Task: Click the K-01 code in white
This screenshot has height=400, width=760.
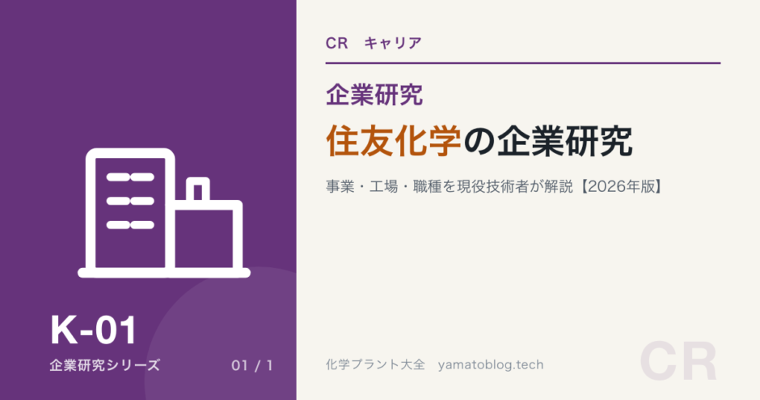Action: (x=94, y=330)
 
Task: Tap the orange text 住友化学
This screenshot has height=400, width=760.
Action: (x=394, y=141)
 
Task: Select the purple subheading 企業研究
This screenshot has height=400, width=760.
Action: (x=374, y=94)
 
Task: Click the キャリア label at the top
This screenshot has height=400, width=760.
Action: (x=393, y=43)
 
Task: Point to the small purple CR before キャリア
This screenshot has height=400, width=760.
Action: (x=337, y=43)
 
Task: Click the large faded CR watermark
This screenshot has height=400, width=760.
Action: (x=678, y=361)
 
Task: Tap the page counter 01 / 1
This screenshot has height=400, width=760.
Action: (x=252, y=365)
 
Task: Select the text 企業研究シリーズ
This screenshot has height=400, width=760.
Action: (x=104, y=365)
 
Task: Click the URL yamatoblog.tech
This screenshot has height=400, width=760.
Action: (x=491, y=365)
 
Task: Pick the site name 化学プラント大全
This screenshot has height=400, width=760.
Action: (x=376, y=364)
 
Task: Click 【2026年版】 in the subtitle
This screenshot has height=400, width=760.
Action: (x=622, y=186)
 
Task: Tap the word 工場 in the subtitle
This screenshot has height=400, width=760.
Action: (x=384, y=186)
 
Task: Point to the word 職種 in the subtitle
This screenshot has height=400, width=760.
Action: (x=428, y=186)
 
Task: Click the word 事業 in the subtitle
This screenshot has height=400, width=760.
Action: (x=340, y=186)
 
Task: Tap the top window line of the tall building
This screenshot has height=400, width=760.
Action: (x=130, y=177)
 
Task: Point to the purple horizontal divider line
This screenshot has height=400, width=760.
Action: (x=523, y=63)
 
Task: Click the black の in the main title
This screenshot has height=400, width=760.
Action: (x=479, y=142)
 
